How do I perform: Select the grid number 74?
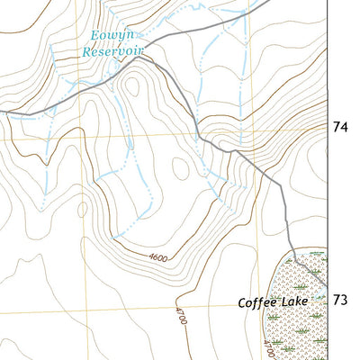(341, 129)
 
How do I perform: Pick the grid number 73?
(341, 299)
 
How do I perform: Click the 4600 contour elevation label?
(158, 259)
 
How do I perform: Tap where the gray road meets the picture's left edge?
(2, 112)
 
